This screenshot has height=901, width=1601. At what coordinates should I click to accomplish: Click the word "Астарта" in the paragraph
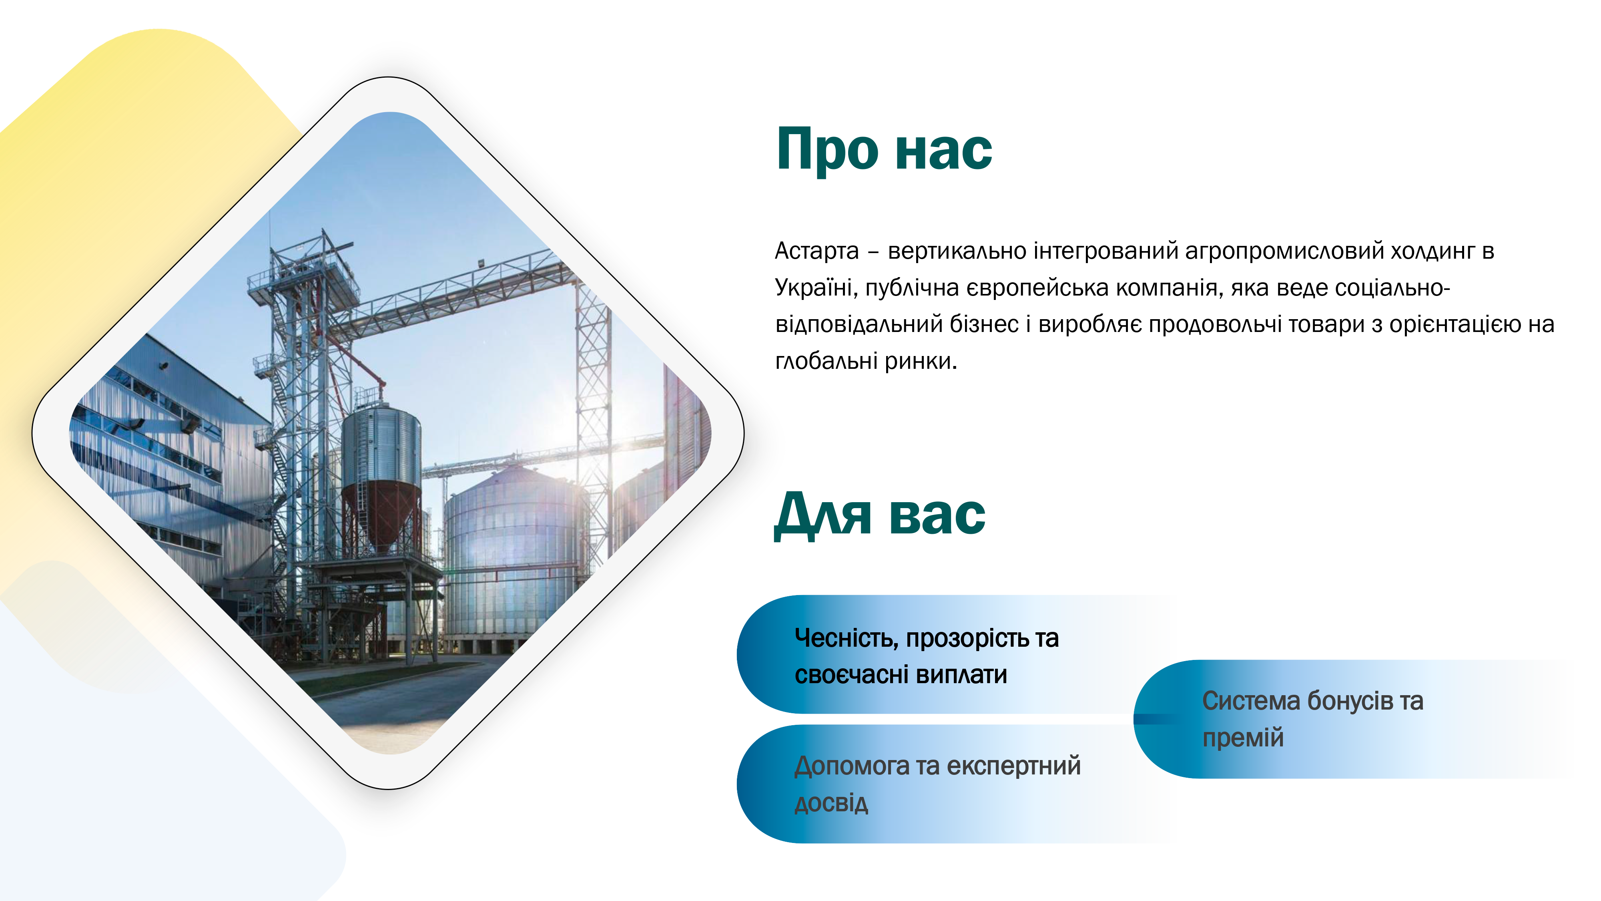(817, 251)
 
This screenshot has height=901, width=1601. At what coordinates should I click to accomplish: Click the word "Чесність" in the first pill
(846, 639)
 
